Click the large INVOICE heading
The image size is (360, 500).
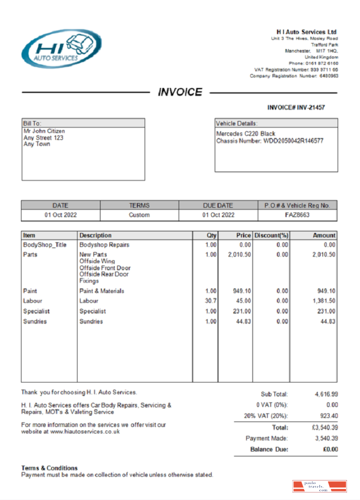(x=180, y=92)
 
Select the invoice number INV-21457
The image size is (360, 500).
(x=309, y=107)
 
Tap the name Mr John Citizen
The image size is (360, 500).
(x=44, y=131)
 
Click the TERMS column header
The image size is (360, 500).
(x=139, y=205)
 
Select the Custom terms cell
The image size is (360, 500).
(x=139, y=215)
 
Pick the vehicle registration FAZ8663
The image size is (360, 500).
(x=297, y=215)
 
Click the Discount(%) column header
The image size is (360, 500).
(x=271, y=235)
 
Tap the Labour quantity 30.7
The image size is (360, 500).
(x=211, y=301)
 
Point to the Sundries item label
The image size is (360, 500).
(x=35, y=321)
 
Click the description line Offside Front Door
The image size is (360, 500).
(x=105, y=268)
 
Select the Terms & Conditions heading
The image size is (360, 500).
(x=49, y=468)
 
